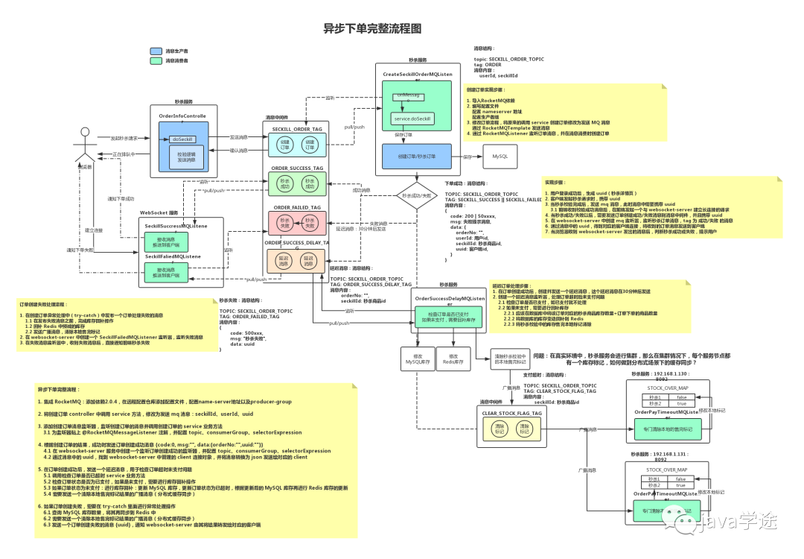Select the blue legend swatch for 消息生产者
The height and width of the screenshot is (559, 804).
click(156, 51)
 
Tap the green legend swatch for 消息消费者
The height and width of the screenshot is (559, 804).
click(156, 60)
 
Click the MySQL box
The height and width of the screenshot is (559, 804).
click(501, 157)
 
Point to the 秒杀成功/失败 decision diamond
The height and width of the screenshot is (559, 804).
click(416, 195)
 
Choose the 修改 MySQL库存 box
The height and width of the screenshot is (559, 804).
click(416, 360)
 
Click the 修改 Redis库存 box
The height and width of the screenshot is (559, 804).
click(453, 360)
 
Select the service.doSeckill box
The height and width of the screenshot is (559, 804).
click(412, 119)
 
